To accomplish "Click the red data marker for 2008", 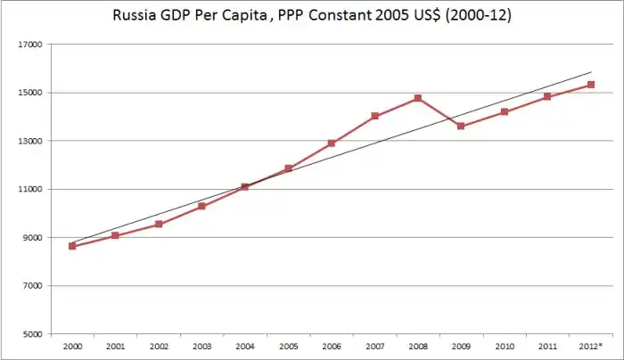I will point(417,98).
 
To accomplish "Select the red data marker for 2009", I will point(461,126).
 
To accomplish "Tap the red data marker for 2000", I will point(72,246).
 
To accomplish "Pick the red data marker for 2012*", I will point(590,85).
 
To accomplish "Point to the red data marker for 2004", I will point(244,187).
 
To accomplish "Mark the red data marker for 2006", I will point(331,143).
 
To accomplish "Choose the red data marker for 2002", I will point(159,224).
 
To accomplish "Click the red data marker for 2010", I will point(504,111).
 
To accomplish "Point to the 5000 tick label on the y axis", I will point(34,334).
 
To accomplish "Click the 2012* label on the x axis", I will point(590,346).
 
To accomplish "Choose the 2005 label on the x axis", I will point(288,346).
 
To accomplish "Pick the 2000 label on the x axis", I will point(72,346).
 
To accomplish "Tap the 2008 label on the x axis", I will point(417,346).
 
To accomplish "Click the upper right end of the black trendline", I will point(591,72).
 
